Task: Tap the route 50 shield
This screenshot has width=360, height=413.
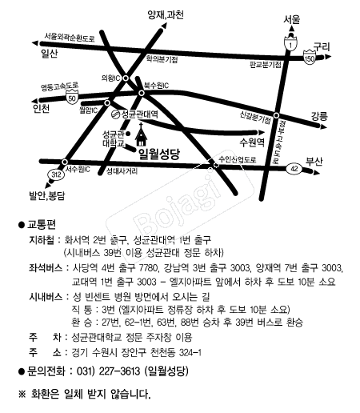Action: [73, 98]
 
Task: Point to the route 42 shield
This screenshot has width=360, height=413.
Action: [294, 169]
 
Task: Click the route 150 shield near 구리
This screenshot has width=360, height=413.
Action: [310, 57]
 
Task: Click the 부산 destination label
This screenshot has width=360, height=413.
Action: [314, 160]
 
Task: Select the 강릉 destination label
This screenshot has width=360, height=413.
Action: [318, 116]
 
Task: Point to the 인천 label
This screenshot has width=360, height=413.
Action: [41, 109]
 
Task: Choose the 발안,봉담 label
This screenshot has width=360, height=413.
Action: [47, 194]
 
